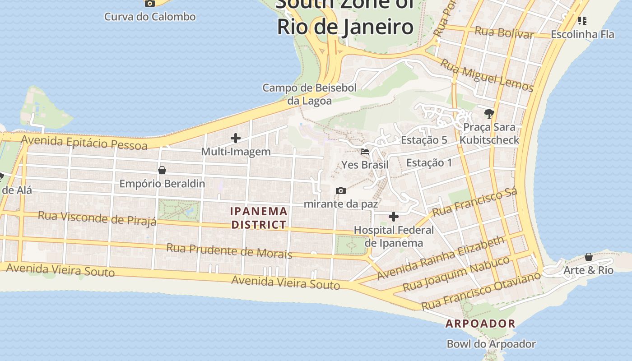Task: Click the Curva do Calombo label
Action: point(150,17)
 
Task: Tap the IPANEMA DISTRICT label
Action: point(259,218)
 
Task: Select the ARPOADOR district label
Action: point(480,324)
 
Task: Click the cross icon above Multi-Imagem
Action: point(236,138)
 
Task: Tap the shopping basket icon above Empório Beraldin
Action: point(162,170)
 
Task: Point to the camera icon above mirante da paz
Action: point(341,190)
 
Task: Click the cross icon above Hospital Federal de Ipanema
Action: point(394,217)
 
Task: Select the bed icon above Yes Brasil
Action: point(365,152)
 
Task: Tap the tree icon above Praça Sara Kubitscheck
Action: point(489,113)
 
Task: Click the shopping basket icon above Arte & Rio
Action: point(589,257)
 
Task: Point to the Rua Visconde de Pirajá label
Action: point(97,218)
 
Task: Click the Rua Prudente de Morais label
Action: point(229,250)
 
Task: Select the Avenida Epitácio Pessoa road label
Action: point(84,142)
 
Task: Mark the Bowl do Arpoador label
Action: point(491,344)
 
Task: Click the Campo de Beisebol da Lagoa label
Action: point(310,94)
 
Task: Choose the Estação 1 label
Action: point(429,162)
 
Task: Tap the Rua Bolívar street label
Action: point(504,32)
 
